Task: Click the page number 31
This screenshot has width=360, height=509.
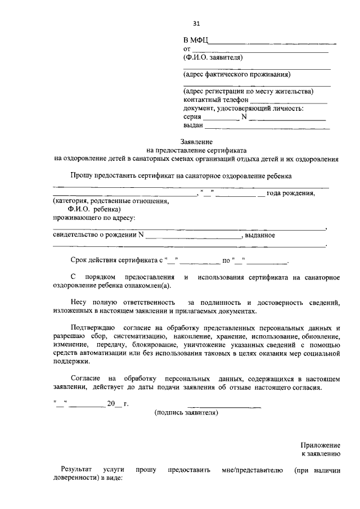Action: (x=196, y=24)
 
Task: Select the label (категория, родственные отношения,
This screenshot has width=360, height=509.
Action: (x=110, y=201)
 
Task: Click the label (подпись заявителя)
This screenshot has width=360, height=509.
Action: (x=186, y=412)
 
